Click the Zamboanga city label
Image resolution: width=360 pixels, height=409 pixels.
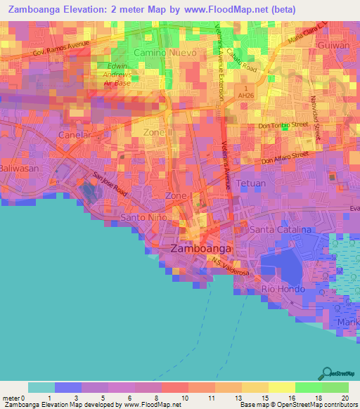pos(201,249)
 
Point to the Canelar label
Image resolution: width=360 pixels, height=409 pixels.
pos(76,134)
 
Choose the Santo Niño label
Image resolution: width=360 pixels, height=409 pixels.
pos(143,217)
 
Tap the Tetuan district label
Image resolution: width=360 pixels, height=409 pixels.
pos(251,182)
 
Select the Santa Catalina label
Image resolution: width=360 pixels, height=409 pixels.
pos(281,230)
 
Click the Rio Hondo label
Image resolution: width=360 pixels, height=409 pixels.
pos(283,289)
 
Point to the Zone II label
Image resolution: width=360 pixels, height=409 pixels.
pos(157,131)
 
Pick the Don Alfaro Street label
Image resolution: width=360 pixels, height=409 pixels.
pos(285,157)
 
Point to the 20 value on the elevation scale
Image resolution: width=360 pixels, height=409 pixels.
pos(343,398)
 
